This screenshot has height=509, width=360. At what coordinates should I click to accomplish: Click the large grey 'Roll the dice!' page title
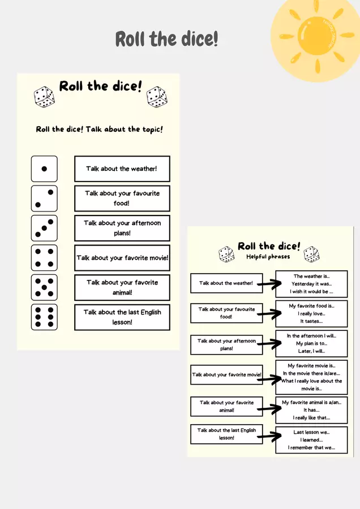166,39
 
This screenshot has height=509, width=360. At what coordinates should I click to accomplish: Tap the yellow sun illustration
316,36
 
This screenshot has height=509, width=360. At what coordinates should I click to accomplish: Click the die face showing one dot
44,169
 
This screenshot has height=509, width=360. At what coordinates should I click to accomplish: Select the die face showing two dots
44,199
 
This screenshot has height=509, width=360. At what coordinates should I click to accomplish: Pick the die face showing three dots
44,228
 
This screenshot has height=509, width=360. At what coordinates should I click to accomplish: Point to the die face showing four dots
44,258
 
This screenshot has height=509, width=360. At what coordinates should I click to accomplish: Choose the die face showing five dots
44,287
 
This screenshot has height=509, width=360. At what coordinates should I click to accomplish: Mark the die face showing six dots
44,317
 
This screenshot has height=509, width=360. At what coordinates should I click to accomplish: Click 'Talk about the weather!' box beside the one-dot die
122,169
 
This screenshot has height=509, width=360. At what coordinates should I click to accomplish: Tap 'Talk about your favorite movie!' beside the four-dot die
122,258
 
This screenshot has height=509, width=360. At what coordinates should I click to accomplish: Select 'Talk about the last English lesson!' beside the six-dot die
122,317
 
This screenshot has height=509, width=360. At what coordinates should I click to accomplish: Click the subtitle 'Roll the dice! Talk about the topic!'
100,130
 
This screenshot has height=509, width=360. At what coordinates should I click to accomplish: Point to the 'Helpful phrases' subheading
268,257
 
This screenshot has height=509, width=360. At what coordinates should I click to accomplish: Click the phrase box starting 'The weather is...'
311,284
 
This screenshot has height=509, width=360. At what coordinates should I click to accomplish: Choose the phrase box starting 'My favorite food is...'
311,313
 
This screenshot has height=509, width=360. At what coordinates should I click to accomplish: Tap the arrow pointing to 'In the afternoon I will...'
269,343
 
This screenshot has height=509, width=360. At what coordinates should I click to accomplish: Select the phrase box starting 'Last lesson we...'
311,440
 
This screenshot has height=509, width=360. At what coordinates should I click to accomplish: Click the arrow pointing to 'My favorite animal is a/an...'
269,409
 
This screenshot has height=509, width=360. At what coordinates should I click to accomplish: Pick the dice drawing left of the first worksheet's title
44,97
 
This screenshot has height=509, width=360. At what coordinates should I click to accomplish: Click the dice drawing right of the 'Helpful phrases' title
311,254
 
